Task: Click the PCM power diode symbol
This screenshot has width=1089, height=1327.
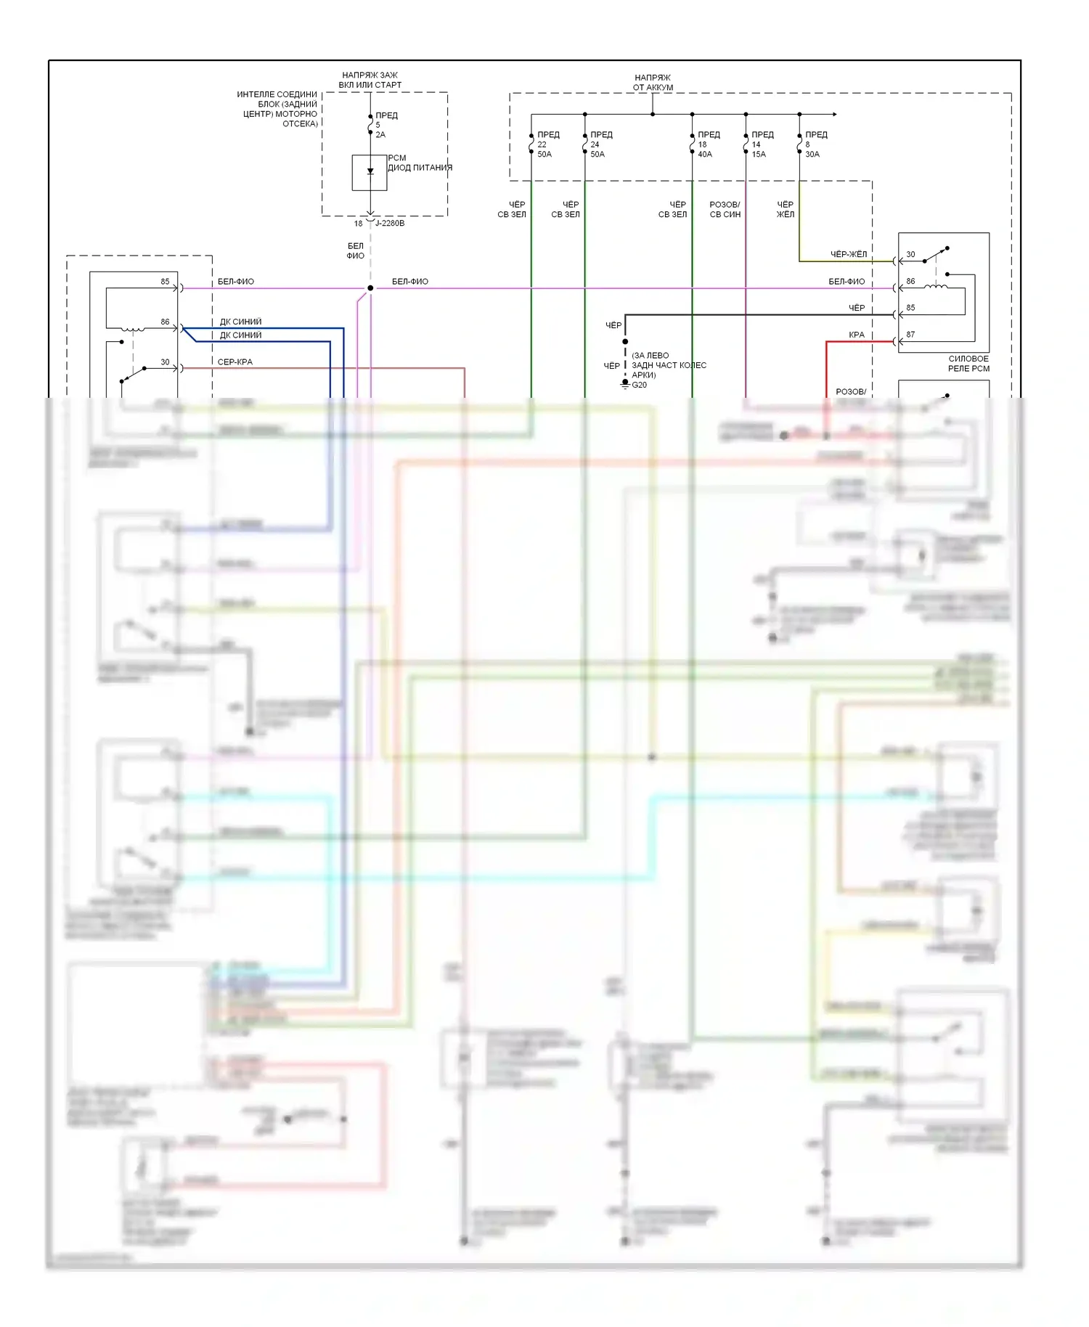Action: point(370,172)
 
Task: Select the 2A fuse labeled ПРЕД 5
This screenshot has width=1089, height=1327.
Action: point(370,124)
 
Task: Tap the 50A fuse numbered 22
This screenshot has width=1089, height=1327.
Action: point(531,144)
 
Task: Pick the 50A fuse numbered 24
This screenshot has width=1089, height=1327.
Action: point(585,144)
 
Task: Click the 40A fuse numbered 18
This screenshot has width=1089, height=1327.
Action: point(693,144)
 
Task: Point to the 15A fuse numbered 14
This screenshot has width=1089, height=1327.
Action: point(746,144)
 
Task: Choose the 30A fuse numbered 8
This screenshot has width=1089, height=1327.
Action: point(799,144)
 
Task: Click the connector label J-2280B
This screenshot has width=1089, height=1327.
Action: point(390,223)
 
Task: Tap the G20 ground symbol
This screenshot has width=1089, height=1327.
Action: point(625,385)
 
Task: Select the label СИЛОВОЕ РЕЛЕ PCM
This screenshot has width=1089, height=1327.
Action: point(968,364)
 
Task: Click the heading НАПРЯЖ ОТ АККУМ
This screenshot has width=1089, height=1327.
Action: point(653,82)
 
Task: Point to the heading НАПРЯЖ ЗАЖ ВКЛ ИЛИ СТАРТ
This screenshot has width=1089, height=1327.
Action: point(370,80)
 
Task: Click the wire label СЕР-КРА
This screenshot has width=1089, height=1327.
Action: point(235,362)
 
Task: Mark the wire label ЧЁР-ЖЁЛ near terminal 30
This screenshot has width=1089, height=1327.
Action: point(848,254)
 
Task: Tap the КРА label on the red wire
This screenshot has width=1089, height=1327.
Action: point(857,335)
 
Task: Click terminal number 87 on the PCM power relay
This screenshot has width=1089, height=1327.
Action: point(910,335)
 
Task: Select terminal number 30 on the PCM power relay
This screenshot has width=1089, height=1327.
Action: point(910,254)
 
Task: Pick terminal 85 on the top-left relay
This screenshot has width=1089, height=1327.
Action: point(165,282)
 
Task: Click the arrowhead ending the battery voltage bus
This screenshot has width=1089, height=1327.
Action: point(835,114)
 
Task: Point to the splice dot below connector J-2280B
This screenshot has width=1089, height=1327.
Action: point(370,288)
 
